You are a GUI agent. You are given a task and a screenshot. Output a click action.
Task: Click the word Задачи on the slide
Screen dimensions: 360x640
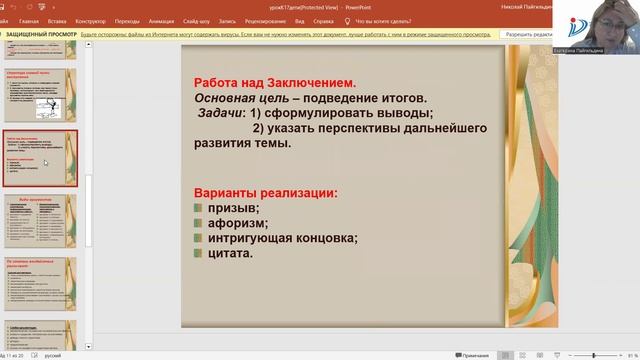pos(220,113)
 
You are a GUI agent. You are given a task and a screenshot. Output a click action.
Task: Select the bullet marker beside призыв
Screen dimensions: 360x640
pos(199,208)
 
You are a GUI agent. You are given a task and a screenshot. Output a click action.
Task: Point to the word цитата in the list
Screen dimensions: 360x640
pos(230,253)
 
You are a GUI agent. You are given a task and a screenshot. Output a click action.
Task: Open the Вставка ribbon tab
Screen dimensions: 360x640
pos(57,20)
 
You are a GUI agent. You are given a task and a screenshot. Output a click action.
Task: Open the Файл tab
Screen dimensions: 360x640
pos(7,20)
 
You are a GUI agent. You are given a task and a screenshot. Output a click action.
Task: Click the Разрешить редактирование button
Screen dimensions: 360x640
pos(526,34)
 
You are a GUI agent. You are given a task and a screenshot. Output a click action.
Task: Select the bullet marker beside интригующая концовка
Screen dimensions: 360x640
pos(199,238)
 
